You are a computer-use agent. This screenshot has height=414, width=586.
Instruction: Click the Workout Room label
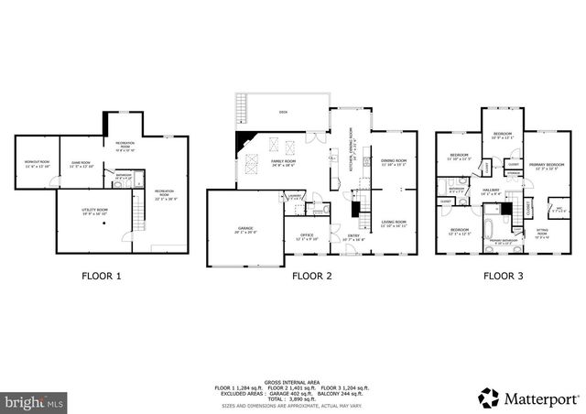pos(36,164)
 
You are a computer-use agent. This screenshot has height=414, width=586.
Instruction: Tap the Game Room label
pos(82,164)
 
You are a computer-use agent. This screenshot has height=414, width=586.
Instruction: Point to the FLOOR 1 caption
pos(101,276)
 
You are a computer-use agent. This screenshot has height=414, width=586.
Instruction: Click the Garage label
pos(244,229)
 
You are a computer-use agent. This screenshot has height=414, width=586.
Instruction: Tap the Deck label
pos(283,114)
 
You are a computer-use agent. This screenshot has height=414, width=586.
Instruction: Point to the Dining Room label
pos(394,163)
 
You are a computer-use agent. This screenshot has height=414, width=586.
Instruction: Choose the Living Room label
pos(394,223)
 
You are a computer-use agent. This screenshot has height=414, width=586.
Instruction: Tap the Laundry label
pos(295,197)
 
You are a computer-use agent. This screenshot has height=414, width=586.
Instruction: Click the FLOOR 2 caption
pos(311,276)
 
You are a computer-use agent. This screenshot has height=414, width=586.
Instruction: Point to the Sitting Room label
pos(541,234)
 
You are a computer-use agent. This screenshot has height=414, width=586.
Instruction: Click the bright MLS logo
pos(34,400)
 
